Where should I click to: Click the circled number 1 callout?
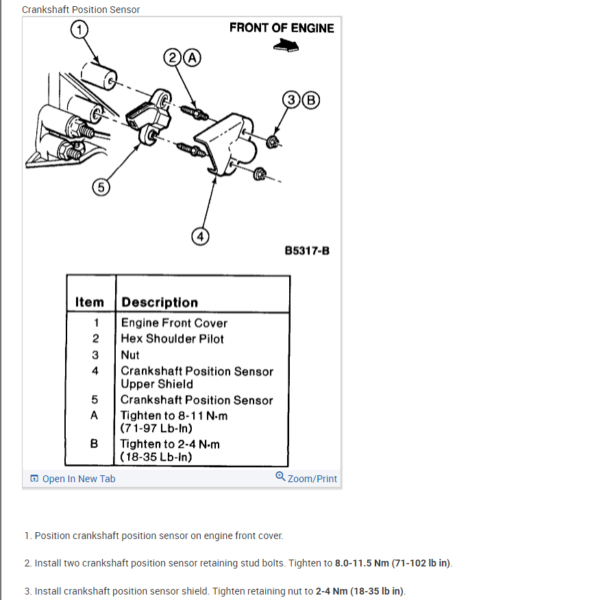pos(79,29)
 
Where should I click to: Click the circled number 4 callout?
pos(199,236)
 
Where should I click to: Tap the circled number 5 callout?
pos(101,186)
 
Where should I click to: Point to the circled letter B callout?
pos(310,99)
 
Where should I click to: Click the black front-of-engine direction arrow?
pos(286,45)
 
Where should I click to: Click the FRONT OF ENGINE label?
pos(282,28)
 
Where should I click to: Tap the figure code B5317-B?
pos(307,251)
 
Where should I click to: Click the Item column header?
pos(90,302)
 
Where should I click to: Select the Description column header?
pos(160,302)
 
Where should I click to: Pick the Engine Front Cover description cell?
pos(174,323)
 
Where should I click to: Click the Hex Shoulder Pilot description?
pos(172,338)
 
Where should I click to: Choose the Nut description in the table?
pos(130,355)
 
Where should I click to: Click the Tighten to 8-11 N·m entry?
pos(174,416)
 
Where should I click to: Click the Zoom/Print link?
pos(312,479)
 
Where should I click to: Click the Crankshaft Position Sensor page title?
pos(81,10)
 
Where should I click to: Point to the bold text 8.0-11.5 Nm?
pos(362,563)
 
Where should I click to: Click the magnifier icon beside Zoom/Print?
pos(280,477)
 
